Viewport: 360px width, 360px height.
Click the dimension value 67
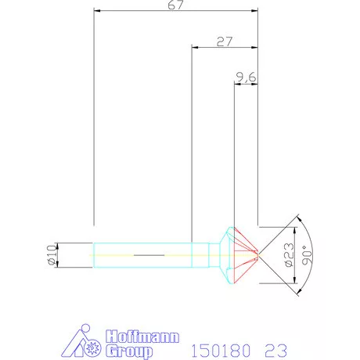[x=175, y=6]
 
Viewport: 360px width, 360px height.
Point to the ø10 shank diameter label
[x=52, y=255]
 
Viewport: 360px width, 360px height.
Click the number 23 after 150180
[x=276, y=347]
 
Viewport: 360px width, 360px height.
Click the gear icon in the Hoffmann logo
[x=95, y=345]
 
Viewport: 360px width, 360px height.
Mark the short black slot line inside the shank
[x=149, y=255]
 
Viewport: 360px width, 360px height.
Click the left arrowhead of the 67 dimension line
[x=96, y=12]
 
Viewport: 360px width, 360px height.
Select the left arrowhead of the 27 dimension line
[x=195, y=48]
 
